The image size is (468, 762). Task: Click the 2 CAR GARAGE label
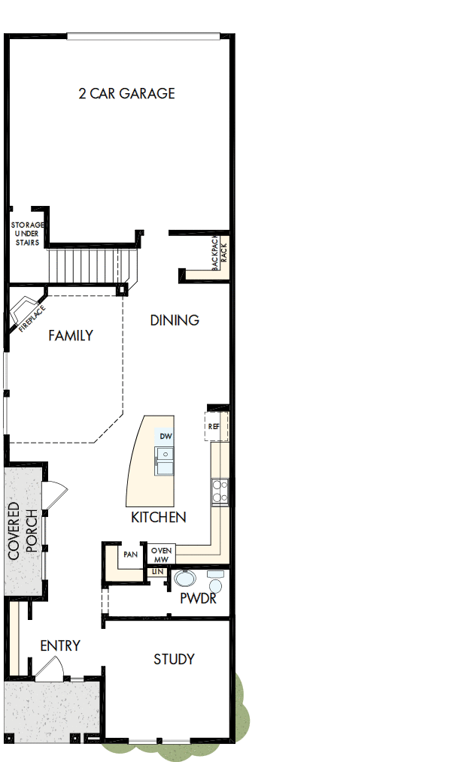tap(126, 94)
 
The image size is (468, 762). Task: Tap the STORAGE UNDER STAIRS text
tap(27, 233)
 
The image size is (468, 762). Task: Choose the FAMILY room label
tap(71, 336)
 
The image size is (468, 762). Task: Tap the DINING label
tap(175, 320)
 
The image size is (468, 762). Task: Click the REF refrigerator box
tap(214, 426)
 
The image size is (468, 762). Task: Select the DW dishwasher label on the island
tap(165, 437)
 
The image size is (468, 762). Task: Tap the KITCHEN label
tap(159, 518)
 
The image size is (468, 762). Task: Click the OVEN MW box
tap(162, 555)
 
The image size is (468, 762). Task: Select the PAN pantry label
tap(130, 555)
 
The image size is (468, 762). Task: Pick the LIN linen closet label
tap(158, 572)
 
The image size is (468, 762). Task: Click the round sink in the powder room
tap(184, 579)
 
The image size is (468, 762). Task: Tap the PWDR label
tap(199, 599)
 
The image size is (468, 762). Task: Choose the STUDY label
tap(174, 659)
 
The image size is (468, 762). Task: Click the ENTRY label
tap(60, 646)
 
